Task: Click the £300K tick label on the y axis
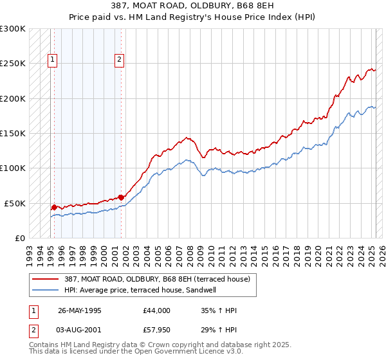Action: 13,29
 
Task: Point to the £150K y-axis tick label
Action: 13,134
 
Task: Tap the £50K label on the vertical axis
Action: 15,203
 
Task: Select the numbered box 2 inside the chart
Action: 120,60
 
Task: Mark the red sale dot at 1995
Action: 54,207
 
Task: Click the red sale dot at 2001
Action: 120,197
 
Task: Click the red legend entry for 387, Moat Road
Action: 161,279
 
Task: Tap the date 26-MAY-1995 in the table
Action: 79,310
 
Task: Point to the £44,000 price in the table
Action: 157,310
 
